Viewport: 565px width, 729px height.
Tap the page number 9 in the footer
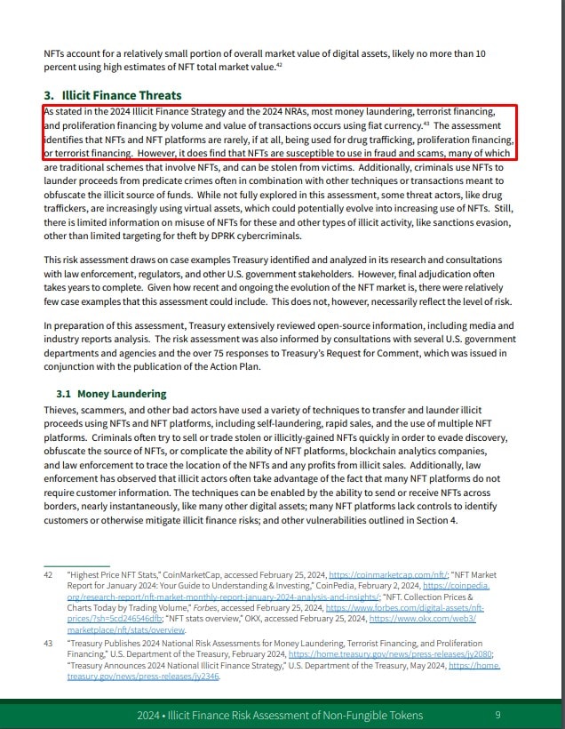[497, 715]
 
